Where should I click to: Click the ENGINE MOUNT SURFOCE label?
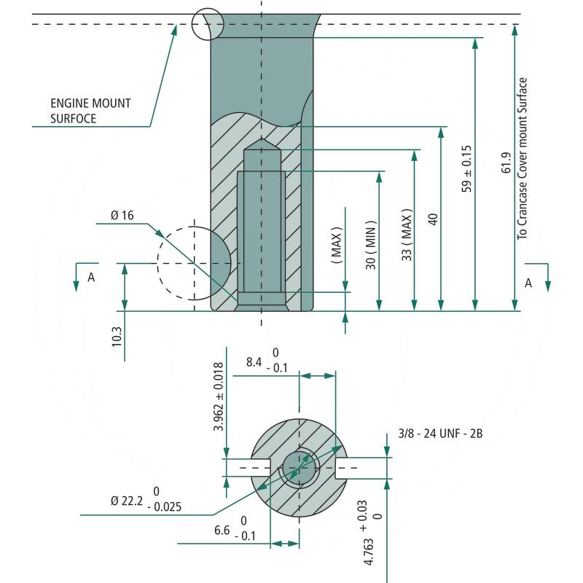(90, 111)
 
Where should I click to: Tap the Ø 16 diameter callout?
(122, 215)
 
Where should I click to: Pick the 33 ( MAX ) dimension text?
(407, 235)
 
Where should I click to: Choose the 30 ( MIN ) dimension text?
(372, 244)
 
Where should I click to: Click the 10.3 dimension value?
(117, 337)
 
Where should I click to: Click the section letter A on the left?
(91, 277)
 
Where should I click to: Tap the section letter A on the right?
(528, 283)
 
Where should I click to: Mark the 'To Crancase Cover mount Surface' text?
(522, 158)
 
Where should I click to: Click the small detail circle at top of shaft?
(207, 24)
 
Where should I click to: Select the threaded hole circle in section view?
(299, 467)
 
